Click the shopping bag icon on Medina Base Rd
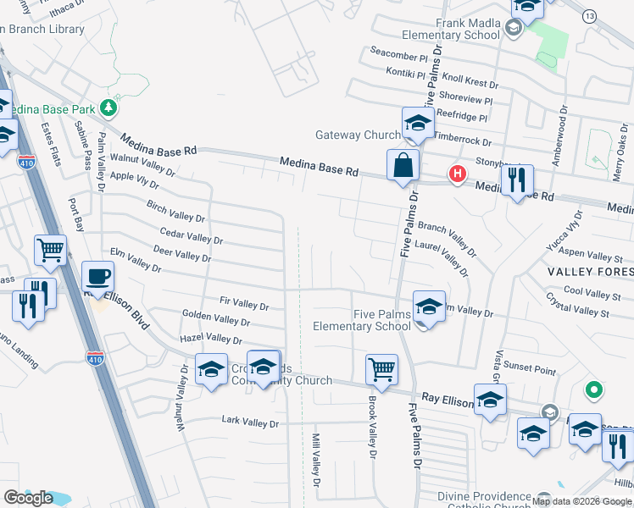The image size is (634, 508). pyautogui.click(x=403, y=164)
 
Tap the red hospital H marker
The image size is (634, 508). pyautogui.click(x=458, y=174)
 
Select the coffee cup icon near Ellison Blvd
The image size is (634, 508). pyautogui.click(x=97, y=276)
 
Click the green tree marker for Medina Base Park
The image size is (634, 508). pyautogui.click(x=108, y=108)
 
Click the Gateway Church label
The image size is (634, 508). pyautogui.click(x=357, y=135)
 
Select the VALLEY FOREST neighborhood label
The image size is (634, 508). pyautogui.click(x=590, y=272)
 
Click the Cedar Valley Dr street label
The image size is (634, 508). pyautogui.click(x=191, y=235)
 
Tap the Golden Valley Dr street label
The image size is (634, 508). pyautogui.click(x=216, y=319)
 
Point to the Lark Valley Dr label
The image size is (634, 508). pyautogui.click(x=249, y=421)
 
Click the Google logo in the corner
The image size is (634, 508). pyautogui.click(x=28, y=498)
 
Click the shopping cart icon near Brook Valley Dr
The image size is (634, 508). pyautogui.click(x=381, y=368)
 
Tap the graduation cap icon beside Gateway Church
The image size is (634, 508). pyautogui.click(x=418, y=124)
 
